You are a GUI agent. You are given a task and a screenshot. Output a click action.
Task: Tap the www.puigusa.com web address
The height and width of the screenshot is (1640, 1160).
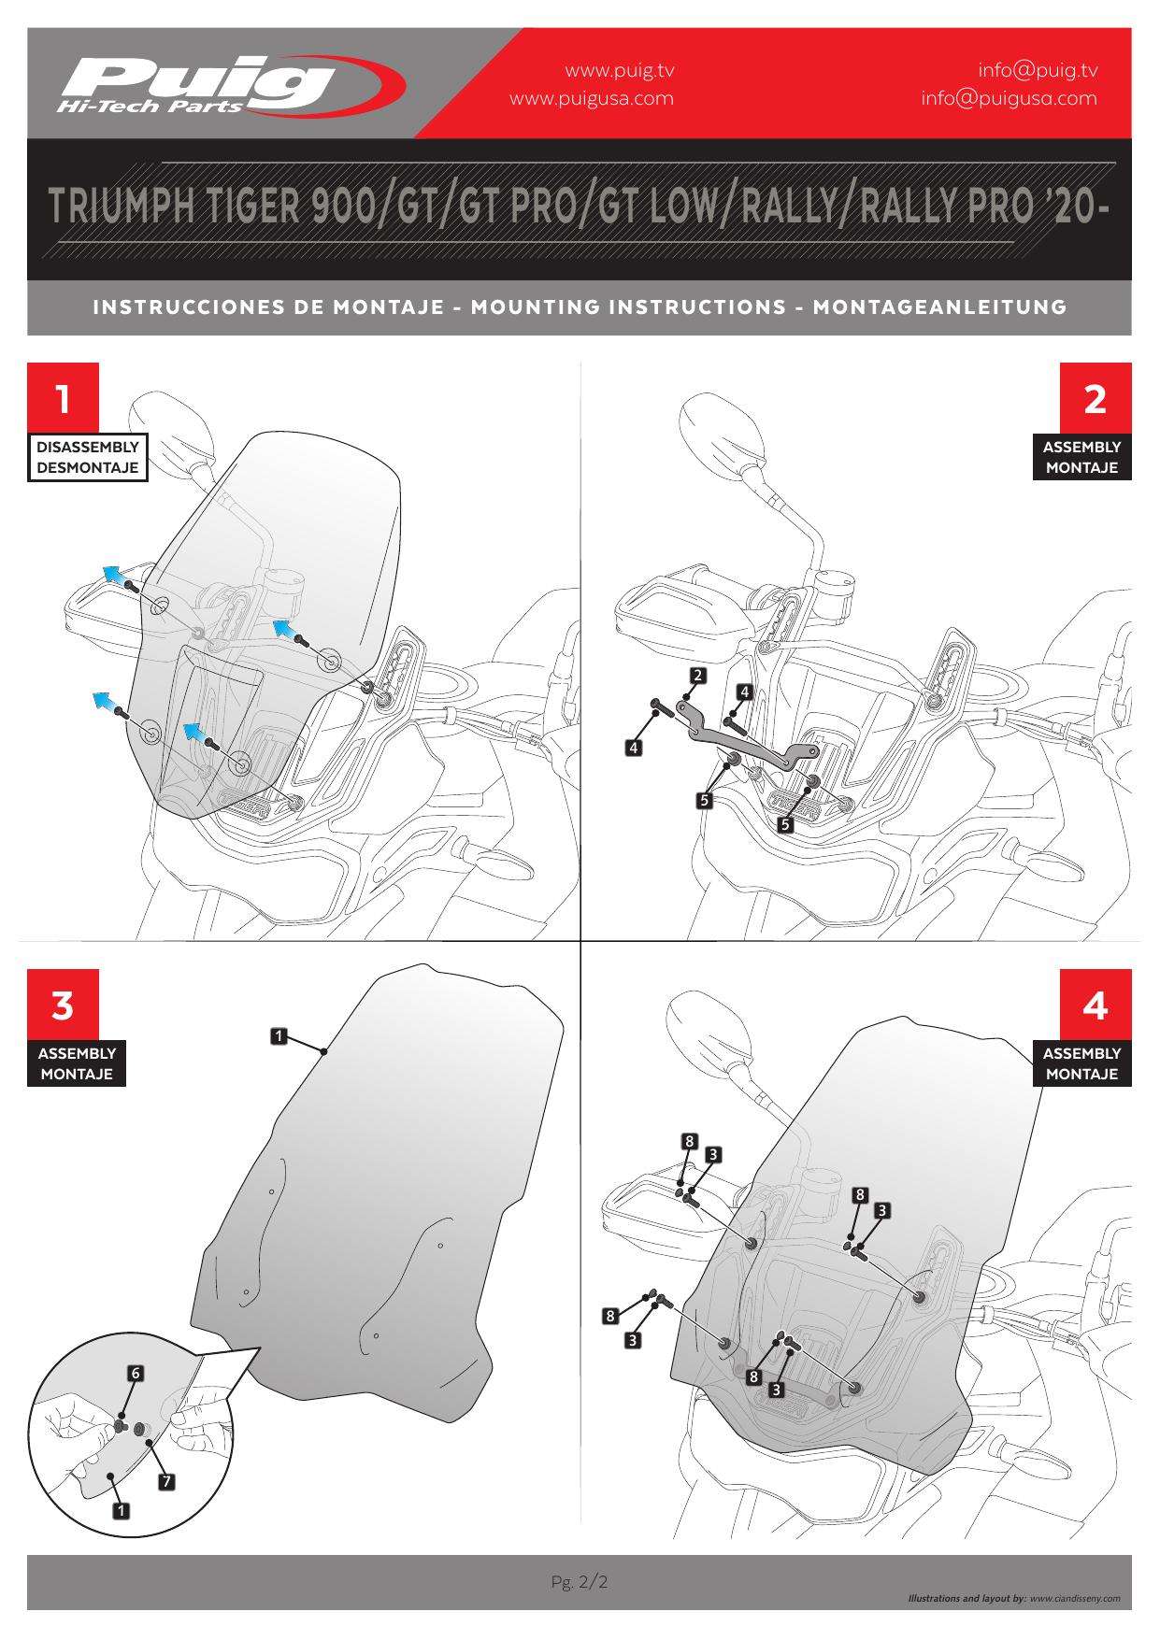tap(591, 98)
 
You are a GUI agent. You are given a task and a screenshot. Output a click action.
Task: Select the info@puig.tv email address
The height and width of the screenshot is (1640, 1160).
tap(1038, 70)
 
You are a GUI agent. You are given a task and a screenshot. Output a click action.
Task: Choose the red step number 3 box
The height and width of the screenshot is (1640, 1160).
tap(63, 1005)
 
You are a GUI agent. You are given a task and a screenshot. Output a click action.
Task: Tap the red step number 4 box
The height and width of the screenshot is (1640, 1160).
tap(1095, 1005)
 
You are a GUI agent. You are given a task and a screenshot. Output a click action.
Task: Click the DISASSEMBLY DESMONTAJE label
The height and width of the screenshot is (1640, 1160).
tap(88, 457)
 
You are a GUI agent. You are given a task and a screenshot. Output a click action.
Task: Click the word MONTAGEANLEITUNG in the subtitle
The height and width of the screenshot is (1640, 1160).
tap(939, 307)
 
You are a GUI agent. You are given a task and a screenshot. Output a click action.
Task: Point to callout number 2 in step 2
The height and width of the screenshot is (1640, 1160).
tap(697, 674)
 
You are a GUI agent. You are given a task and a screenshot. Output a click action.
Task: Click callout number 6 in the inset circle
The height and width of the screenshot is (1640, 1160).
tap(136, 1373)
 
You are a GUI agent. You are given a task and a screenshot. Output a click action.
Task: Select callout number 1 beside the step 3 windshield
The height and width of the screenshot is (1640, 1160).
tap(279, 1035)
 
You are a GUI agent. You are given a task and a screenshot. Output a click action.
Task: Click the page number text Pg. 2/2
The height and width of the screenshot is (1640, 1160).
tap(580, 1581)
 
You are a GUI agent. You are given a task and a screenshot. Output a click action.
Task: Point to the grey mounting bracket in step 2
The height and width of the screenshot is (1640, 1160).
tap(748, 739)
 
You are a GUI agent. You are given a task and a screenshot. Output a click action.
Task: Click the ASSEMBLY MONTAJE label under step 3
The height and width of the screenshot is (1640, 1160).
tap(77, 1063)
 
